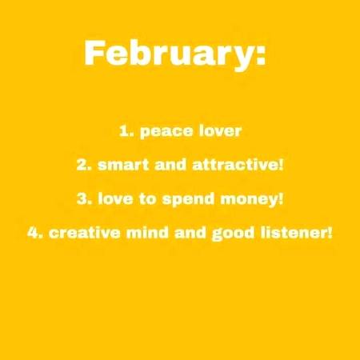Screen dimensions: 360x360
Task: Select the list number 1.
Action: click(x=124, y=130)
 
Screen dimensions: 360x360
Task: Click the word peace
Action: click(x=163, y=130)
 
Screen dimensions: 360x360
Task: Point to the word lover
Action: click(x=216, y=130)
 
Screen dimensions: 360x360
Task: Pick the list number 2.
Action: click(x=82, y=165)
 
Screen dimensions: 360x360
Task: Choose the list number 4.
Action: click(x=33, y=234)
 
